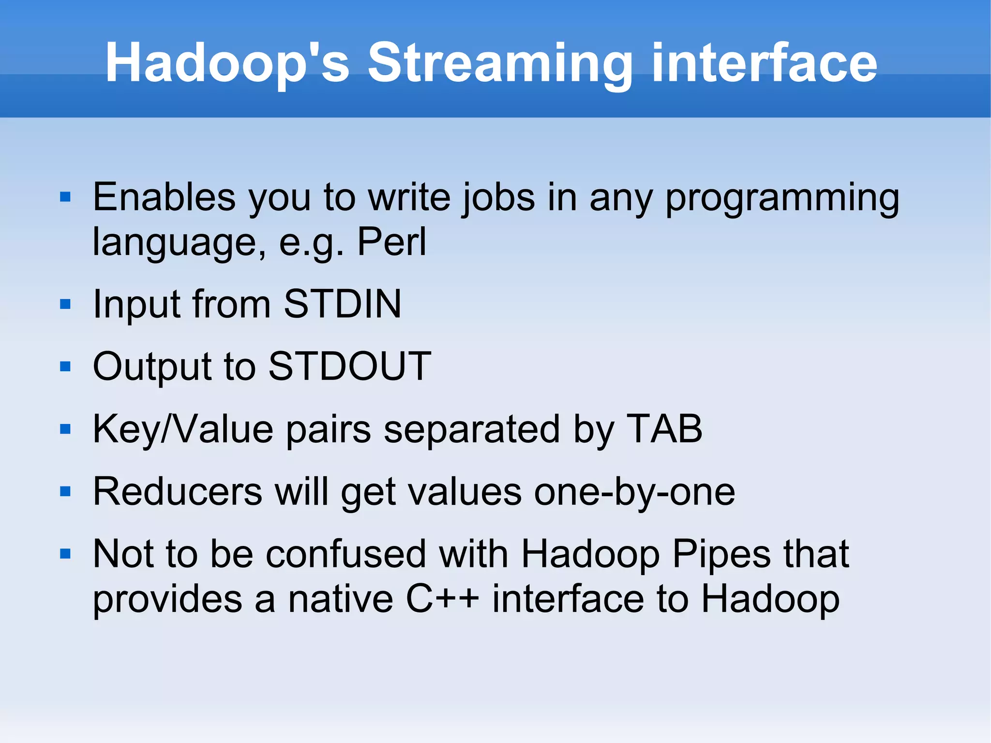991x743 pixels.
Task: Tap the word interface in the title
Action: [x=764, y=63]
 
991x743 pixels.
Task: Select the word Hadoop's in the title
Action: [x=227, y=63]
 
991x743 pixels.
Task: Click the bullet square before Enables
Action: [x=65, y=197]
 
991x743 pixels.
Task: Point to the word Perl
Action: [x=391, y=242]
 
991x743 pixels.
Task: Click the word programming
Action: [x=782, y=198]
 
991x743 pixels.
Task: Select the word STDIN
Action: [x=343, y=304]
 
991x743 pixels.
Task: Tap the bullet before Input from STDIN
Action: [x=65, y=304]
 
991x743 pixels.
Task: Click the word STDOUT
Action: [x=349, y=366]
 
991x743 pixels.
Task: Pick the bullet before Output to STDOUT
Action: [x=65, y=366]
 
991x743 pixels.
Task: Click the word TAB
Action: [x=663, y=429]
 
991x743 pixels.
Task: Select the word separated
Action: [x=472, y=430]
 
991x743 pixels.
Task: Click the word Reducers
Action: [x=178, y=492]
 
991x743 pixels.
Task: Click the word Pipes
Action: [x=721, y=555]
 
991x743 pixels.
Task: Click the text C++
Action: [x=442, y=599]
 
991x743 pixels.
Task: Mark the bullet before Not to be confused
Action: [x=65, y=554]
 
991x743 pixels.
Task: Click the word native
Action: [x=340, y=599]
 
